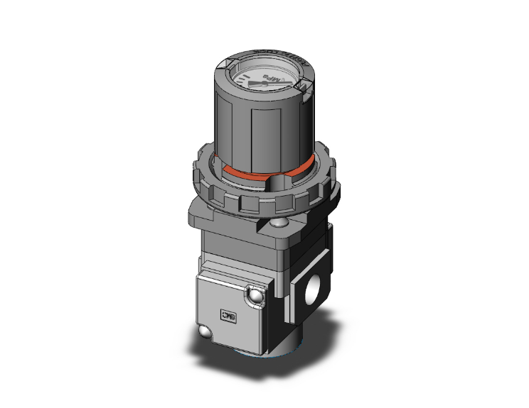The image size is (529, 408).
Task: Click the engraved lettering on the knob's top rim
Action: tap(274, 54)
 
